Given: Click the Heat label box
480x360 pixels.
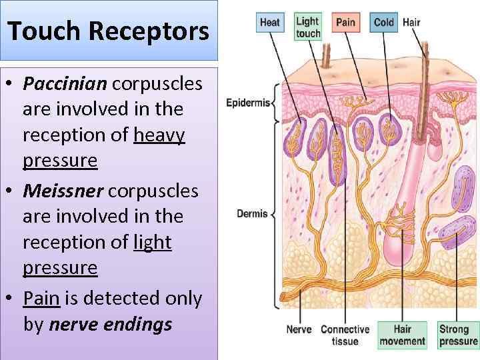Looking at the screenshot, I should [x=269, y=22].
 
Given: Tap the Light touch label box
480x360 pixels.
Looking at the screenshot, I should [x=307, y=27].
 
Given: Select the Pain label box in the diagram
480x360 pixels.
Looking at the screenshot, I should [x=345, y=22].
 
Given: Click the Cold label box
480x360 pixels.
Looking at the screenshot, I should [x=383, y=22].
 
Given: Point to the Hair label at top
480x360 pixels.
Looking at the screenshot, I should [x=411, y=22].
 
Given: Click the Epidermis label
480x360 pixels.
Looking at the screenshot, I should [x=247, y=103].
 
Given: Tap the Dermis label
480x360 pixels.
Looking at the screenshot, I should [x=252, y=214].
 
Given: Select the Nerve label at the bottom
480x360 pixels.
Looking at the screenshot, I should [x=299, y=329].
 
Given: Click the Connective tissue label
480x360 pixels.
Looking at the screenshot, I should [x=345, y=335].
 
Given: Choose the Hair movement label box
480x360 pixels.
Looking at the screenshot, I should [x=402, y=335].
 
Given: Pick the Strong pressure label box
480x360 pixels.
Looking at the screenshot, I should [x=458, y=335].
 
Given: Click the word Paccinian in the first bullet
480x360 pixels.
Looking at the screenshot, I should [x=65, y=85].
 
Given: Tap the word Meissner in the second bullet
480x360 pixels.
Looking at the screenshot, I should [x=63, y=191].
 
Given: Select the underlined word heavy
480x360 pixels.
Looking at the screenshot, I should [x=159, y=135].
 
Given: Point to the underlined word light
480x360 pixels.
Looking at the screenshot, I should [x=153, y=243].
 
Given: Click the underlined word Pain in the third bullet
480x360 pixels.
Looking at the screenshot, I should [x=41, y=298].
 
